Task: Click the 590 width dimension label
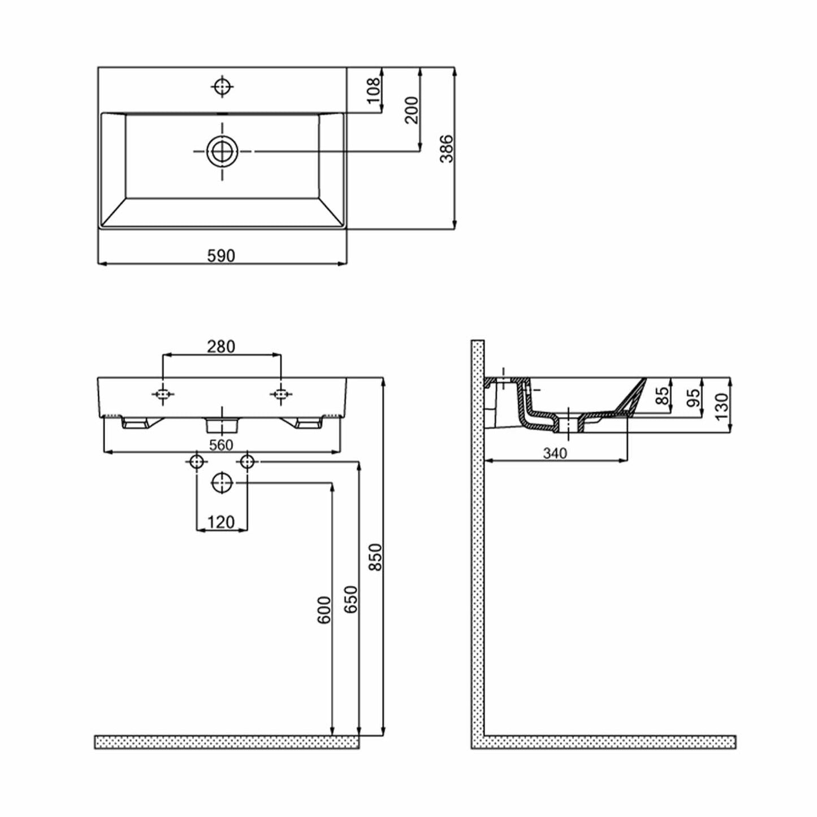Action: coord(221,256)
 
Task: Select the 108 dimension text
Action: coord(374,90)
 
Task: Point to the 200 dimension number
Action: coord(411,110)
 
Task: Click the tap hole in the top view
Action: coord(222,87)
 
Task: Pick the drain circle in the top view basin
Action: coord(222,152)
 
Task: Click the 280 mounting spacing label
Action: coord(221,347)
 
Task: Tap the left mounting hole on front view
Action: coord(163,394)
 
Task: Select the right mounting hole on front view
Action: coord(280,394)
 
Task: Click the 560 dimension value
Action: coord(221,445)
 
